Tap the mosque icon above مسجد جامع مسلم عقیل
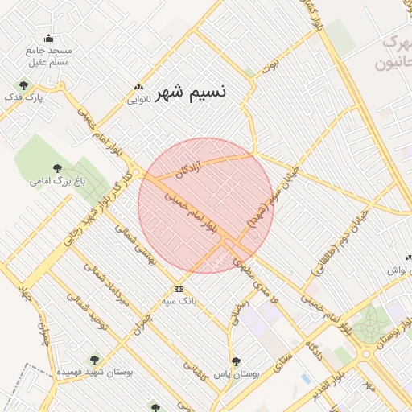(48, 37)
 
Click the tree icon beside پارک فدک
(23, 84)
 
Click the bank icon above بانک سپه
(179, 289)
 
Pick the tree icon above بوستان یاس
(235, 361)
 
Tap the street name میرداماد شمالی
(113, 286)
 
